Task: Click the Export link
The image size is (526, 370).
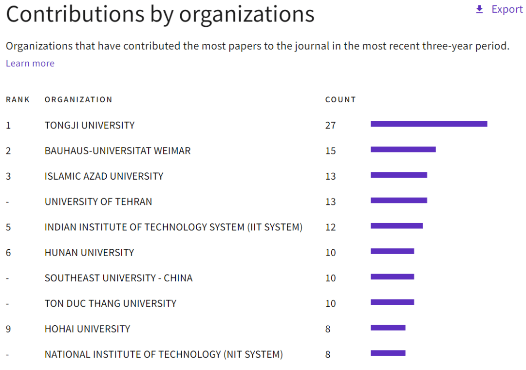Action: point(507,9)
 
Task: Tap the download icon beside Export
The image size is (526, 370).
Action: point(479,9)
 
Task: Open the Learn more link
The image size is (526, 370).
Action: point(30,63)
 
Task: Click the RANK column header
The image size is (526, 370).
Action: point(18,100)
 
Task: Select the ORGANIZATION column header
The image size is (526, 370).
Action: point(78,100)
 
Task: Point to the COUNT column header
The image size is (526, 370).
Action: point(340,100)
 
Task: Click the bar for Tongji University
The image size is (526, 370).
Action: point(429,124)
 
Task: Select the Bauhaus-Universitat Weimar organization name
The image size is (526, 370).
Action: point(117,151)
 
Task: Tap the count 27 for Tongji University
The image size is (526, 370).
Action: point(331,126)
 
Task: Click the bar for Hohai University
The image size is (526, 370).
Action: point(388,328)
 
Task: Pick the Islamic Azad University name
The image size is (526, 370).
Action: point(104,176)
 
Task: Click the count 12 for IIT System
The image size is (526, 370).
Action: point(331,227)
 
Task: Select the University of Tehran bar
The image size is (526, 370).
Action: point(398,200)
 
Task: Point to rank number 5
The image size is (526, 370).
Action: point(8,227)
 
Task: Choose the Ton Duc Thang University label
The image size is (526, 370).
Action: point(110,303)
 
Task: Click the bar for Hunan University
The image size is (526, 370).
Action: point(392,251)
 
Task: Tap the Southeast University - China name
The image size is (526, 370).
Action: point(118,278)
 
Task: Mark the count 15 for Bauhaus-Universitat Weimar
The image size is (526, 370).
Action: point(331,151)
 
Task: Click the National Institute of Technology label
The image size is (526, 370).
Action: point(164,354)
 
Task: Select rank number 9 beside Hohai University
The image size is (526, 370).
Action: point(8,329)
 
